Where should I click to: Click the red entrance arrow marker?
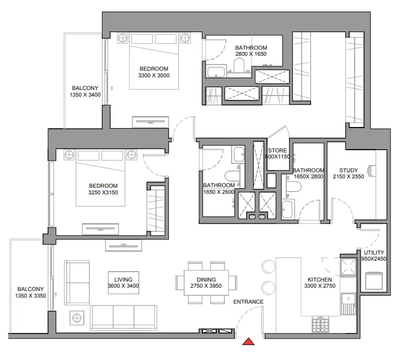[x=249, y=342]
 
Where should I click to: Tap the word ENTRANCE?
[x=248, y=302]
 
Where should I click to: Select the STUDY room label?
[x=349, y=170]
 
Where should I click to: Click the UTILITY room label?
[x=367, y=252]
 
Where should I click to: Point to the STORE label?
[x=277, y=150]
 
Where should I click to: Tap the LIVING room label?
[x=123, y=279]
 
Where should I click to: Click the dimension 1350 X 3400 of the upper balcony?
[x=85, y=95]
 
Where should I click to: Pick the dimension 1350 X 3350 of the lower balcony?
[x=30, y=297]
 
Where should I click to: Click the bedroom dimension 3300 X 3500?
[x=154, y=76]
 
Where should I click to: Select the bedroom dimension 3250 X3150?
[x=103, y=193]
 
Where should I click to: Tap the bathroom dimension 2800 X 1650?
[x=251, y=55]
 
